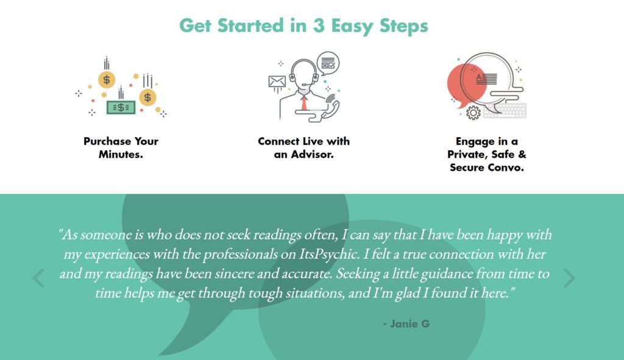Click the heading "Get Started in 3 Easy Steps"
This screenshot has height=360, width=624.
pos(303,26)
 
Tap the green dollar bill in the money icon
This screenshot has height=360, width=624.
pos(121,107)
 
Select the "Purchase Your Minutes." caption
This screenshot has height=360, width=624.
pos(121,147)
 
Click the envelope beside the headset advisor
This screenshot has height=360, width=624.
pos(277,82)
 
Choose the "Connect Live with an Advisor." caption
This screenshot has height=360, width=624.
pos(303,147)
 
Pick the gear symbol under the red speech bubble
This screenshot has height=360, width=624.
pos(473,113)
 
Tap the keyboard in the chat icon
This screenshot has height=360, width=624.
pos(505,110)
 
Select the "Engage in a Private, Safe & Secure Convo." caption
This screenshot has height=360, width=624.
pos(487,154)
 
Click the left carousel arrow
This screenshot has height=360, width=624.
pos(38,278)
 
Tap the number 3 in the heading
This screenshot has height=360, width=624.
pos(319,26)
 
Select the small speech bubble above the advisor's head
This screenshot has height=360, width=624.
pos(328,63)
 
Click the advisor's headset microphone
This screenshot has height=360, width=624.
pos(304,84)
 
